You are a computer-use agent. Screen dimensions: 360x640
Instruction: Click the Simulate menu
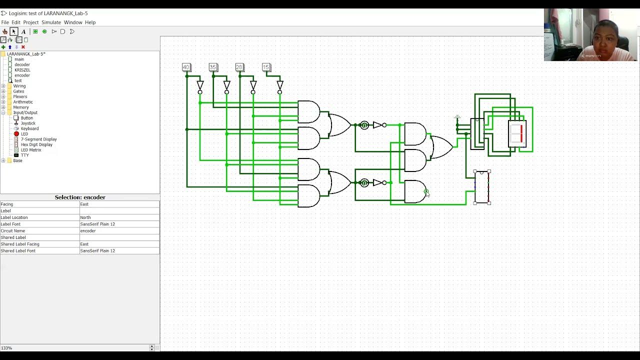(51, 22)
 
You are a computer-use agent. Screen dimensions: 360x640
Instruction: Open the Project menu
(30, 22)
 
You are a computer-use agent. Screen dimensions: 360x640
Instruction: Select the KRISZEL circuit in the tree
(22, 70)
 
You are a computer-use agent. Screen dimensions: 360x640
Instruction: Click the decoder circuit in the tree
(22, 64)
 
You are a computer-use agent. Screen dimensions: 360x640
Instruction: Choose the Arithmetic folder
(22, 102)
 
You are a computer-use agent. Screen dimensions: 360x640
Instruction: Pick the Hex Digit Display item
(36, 144)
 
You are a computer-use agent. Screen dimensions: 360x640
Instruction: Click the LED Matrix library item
(31, 150)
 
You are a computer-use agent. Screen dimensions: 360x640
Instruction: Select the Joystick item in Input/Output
(28, 123)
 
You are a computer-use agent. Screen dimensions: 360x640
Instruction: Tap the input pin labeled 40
(186, 67)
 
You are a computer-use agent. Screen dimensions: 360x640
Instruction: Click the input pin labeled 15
(266, 67)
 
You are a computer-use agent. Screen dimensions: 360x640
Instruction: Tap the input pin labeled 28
(239, 67)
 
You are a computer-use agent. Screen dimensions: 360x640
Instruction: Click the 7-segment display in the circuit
(517, 133)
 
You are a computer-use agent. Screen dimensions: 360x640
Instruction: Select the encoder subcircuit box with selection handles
(482, 187)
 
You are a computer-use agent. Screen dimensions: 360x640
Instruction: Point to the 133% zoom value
(6, 348)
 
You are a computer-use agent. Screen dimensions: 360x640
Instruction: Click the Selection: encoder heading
(80, 197)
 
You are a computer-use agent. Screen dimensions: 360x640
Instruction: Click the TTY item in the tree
(24, 155)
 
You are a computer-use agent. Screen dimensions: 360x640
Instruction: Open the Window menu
(73, 22)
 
